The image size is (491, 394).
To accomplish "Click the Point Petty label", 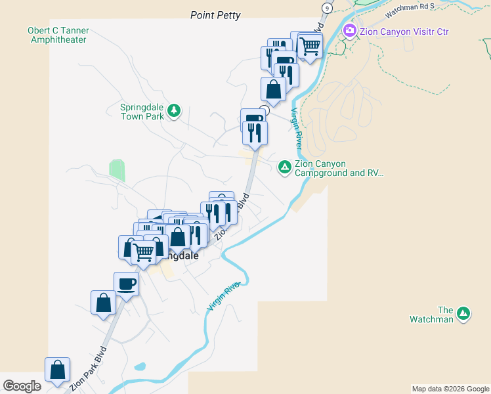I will click(215, 15).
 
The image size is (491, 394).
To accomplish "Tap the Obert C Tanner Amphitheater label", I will click(58, 35).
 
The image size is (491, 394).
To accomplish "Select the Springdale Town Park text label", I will click(142, 112).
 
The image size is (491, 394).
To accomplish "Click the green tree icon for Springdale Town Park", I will click(174, 110).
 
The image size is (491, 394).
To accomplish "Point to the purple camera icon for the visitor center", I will click(350, 31).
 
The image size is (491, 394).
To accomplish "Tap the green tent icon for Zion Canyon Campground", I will click(285, 167).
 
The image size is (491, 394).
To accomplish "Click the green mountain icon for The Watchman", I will click(463, 314).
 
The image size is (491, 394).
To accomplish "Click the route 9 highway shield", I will click(326, 7).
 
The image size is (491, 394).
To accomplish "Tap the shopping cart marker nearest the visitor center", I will click(310, 45).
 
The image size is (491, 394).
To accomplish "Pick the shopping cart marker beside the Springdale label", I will click(144, 250).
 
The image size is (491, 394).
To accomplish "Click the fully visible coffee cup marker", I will click(127, 283).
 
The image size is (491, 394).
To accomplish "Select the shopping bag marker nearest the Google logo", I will click(58, 369).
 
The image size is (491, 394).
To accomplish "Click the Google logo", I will click(22, 386).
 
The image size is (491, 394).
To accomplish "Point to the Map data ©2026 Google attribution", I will click(450, 389).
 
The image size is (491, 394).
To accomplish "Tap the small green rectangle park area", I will click(117, 170).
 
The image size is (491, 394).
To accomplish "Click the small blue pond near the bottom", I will click(139, 366).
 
